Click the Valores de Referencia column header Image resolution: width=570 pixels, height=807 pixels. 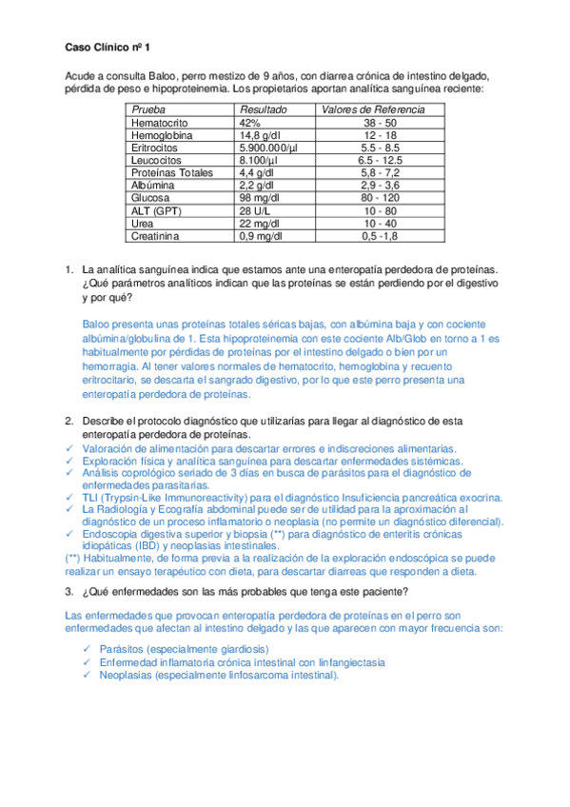373,109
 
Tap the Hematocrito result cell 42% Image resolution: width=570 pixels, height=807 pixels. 250,123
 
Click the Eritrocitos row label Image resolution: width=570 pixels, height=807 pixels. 157,148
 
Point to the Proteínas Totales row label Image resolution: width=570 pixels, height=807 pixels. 172,172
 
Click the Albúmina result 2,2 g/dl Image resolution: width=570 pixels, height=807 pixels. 259,185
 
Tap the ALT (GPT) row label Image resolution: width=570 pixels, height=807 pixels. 156,209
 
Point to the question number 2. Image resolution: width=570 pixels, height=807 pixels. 69,420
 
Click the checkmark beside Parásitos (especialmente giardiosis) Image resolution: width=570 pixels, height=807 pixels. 88,649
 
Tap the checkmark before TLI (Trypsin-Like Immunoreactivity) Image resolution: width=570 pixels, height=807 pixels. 69,497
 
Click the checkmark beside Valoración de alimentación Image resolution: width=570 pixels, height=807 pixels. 69,447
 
